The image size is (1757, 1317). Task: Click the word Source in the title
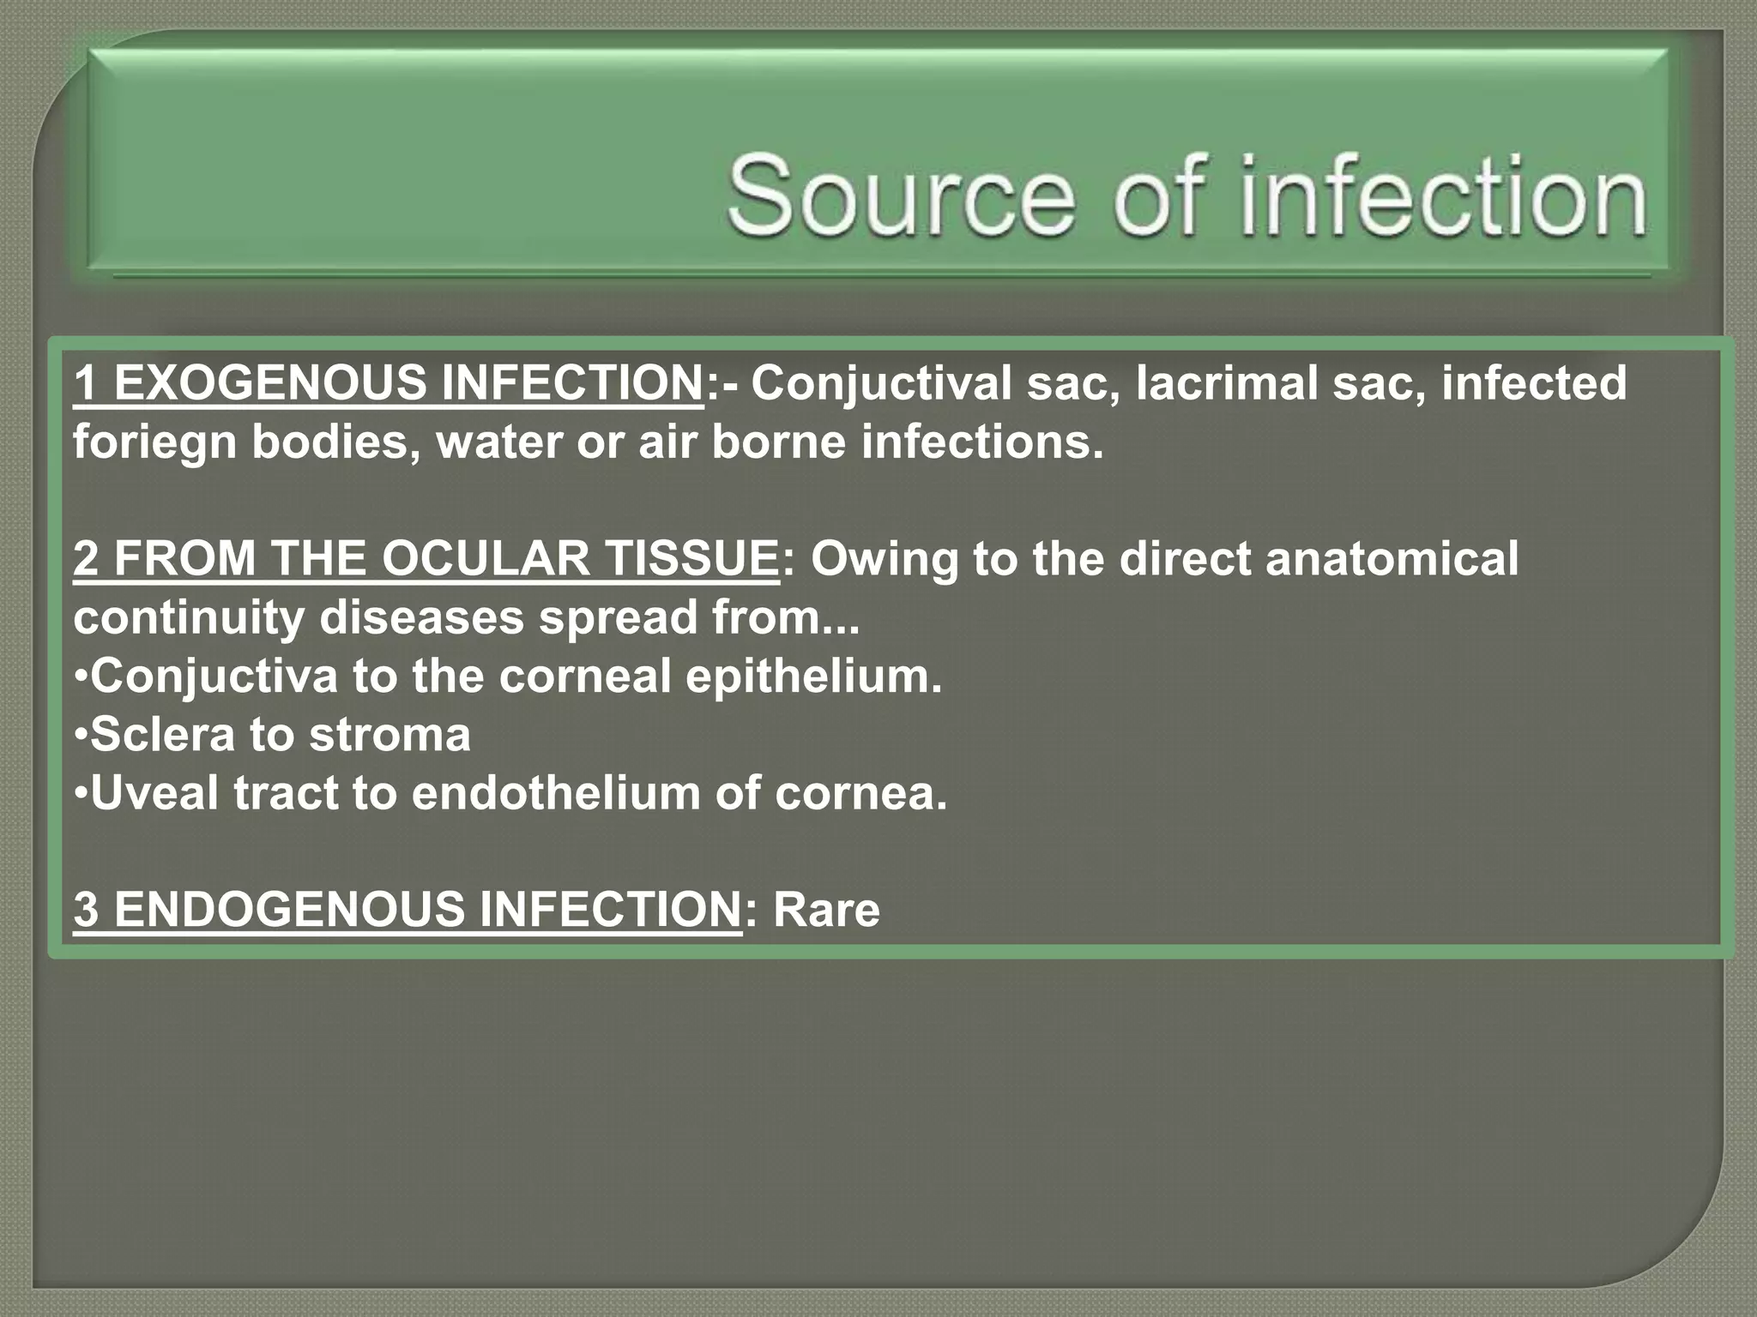pos(901,195)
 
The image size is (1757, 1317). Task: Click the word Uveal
pos(154,793)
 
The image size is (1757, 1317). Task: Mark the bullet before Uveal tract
pos(80,793)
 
